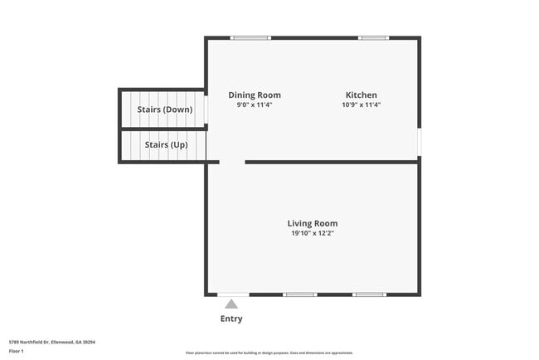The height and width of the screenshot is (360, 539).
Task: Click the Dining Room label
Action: click(x=255, y=95)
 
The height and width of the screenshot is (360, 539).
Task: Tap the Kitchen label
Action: click(x=361, y=95)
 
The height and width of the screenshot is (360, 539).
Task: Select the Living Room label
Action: click(x=312, y=223)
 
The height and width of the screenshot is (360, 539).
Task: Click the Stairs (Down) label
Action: click(x=164, y=109)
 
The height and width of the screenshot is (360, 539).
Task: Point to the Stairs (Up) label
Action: click(x=166, y=145)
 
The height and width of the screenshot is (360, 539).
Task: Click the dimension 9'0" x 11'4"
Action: click(x=255, y=105)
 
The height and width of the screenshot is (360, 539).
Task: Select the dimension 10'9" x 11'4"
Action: click(x=361, y=105)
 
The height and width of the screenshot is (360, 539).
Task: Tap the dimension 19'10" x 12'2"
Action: click(x=312, y=234)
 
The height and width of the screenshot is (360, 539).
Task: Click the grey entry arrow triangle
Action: click(x=231, y=304)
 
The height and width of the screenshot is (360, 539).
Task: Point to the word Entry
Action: click(x=231, y=319)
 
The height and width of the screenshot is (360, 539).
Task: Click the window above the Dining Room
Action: click(x=250, y=37)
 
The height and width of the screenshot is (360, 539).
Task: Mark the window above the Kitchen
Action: click(x=373, y=37)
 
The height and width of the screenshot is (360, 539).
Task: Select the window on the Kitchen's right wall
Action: click(x=419, y=142)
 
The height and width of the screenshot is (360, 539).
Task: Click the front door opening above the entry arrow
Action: click(x=233, y=294)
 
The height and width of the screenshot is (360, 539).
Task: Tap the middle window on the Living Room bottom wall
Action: click(x=299, y=294)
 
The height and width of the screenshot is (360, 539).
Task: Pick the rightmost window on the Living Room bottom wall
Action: click(x=368, y=294)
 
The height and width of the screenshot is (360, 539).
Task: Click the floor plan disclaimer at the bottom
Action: click(x=269, y=353)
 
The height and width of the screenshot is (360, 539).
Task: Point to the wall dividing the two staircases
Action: click(x=163, y=129)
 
